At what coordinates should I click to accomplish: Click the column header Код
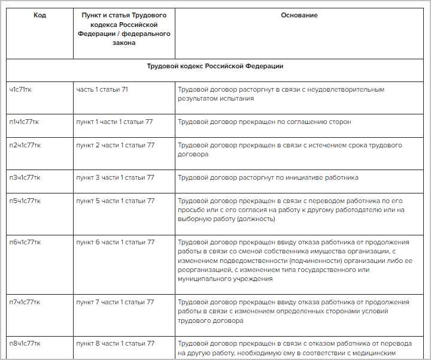pos(40,16)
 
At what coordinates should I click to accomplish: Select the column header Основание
pos(299,16)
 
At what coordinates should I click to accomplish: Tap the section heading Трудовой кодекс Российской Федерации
pos(215,66)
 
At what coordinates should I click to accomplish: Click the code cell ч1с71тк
pos(22,90)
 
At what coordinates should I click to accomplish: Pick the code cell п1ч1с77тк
pos(25,122)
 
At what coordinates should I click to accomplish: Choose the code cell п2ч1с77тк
pos(25,146)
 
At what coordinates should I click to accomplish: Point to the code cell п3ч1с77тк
pos(25,178)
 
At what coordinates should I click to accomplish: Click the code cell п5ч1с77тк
pos(25,201)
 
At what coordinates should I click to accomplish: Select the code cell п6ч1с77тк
pos(25,243)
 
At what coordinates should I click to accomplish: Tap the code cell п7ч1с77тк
pos(25,302)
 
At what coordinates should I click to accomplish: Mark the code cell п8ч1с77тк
pos(25,344)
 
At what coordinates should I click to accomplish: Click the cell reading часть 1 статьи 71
pos(102,90)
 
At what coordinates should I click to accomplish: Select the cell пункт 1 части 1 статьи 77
pos(114,122)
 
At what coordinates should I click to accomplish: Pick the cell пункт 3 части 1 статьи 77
pos(115,178)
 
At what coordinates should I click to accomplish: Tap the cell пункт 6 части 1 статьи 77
pos(115,243)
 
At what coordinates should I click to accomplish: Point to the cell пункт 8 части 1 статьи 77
pos(115,344)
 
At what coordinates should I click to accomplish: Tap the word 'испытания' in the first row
pos(228,99)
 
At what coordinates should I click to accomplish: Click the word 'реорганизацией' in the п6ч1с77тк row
pos(204,270)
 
